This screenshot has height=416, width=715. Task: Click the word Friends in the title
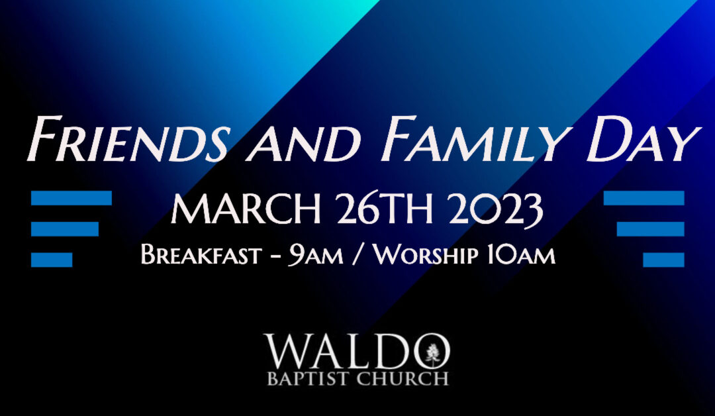128,138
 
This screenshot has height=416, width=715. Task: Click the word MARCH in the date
246,209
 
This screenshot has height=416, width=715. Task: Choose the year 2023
496,210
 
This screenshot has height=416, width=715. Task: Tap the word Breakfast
201,255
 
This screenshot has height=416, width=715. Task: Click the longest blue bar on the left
71,198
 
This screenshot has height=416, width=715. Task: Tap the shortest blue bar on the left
52,260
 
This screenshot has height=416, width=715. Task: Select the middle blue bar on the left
65,229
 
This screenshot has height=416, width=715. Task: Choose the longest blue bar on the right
644,198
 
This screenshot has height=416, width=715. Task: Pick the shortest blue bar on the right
663,260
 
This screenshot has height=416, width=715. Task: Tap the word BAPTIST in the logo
309,379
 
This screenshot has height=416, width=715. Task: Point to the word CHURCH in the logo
403,379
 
